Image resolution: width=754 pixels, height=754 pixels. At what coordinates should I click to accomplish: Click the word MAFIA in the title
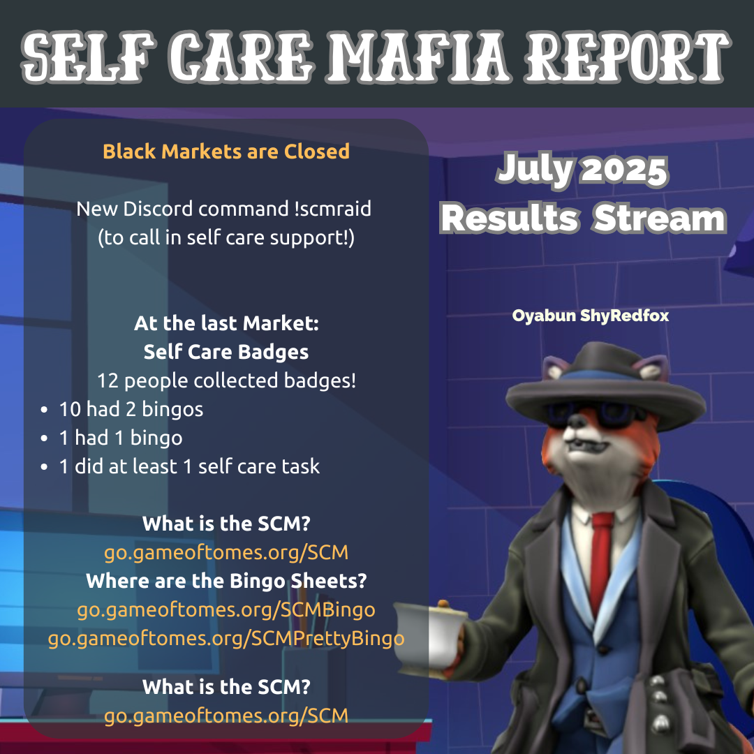(419, 57)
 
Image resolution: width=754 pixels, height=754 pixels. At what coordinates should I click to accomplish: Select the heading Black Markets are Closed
(226, 151)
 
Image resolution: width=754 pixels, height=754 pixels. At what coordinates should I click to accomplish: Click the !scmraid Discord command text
(333, 209)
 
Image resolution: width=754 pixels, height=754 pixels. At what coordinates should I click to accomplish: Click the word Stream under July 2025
(659, 219)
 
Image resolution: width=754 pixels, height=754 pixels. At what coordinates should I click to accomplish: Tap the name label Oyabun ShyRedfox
(591, 316)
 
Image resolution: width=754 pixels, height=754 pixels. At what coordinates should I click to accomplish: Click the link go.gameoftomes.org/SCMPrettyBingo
(226, 639)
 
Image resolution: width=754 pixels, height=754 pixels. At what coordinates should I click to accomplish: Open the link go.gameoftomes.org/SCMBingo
(226, 609)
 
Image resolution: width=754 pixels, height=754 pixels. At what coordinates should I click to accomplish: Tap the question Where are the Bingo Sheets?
(226, 581)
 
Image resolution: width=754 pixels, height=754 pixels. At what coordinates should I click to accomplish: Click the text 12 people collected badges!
(226, 381)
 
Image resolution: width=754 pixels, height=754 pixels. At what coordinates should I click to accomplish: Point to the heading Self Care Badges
(226, 352)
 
